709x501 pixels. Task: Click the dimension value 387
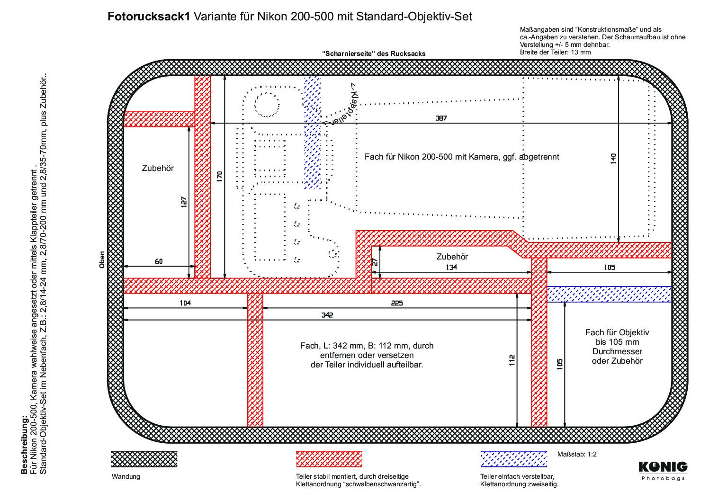point(441,118)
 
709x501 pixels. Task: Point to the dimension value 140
point(613,159)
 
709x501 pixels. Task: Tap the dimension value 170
point(220,176)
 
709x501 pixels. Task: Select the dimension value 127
point(184,202)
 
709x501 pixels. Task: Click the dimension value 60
point(159,261)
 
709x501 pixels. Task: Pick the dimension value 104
point(185,303)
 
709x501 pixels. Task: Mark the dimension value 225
point(396,303)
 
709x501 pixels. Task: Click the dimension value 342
point(327,315)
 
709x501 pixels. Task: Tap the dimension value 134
point(451,267)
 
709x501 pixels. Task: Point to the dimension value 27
point(375,262)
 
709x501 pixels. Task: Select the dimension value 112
point(512,360)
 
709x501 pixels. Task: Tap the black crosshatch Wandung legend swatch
point(144,459)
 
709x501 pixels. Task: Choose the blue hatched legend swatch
point(514,459)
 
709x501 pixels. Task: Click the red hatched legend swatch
point(329,459)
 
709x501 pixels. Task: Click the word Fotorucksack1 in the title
point(149,17)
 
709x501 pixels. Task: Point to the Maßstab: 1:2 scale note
point(577,454)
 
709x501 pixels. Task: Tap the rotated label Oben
point(102,259)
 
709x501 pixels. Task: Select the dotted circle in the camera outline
point(267,105)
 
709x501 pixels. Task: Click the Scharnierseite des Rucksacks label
point(374,54)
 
